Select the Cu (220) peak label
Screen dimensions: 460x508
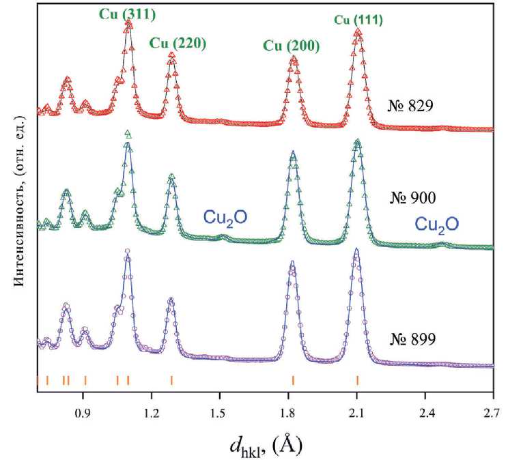tap(176, 43)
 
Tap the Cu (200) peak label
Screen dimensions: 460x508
tap(291, 46)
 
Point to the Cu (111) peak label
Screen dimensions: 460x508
tap(358, 20)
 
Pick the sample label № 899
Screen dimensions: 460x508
tap(413, 338)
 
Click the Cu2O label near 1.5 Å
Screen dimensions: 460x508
tap(225, 218)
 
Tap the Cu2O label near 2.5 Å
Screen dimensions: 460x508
tap(437, 224)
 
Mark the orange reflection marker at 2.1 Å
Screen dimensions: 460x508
tap(357, 380)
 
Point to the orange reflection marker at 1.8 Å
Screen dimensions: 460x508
tap(293, 380)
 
